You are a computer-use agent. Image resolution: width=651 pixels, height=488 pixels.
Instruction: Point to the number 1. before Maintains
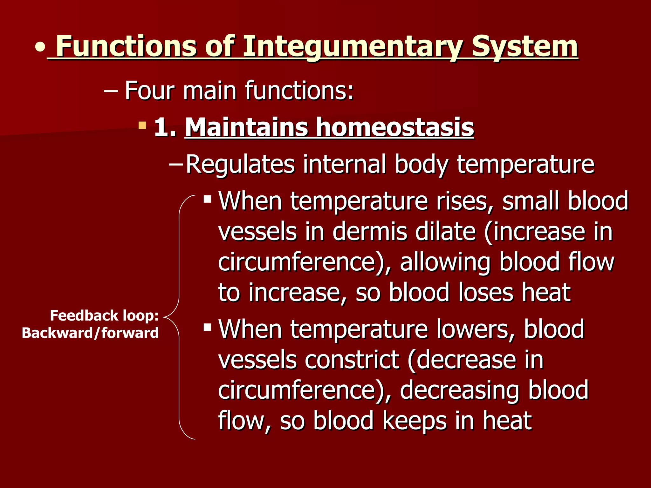pos(165,127)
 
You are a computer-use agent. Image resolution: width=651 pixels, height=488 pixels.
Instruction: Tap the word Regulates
pos(240,164)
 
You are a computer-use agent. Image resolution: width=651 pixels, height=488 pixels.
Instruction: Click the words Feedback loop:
pos(104,316)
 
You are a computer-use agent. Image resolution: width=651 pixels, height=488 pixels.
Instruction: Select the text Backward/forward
pos(90,333)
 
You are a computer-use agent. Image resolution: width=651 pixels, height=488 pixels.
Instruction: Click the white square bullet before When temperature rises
pos(208,199)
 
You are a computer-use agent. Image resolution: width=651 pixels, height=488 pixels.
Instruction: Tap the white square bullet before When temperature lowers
pos(208,327)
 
